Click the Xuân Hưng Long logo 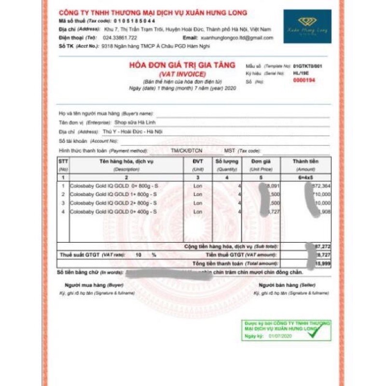(307, 26)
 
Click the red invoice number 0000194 (304, 81)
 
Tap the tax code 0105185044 (135, 21)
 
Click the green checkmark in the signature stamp (315, 331)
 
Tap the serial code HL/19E (300, 73)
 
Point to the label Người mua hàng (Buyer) (87, 286)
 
